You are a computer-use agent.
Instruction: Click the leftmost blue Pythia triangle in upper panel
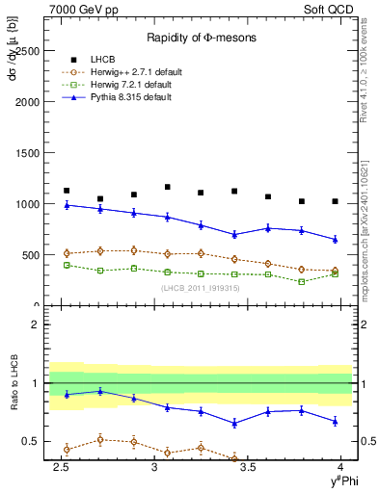point(67,205)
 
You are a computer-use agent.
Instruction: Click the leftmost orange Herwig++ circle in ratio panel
point(67,449)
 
